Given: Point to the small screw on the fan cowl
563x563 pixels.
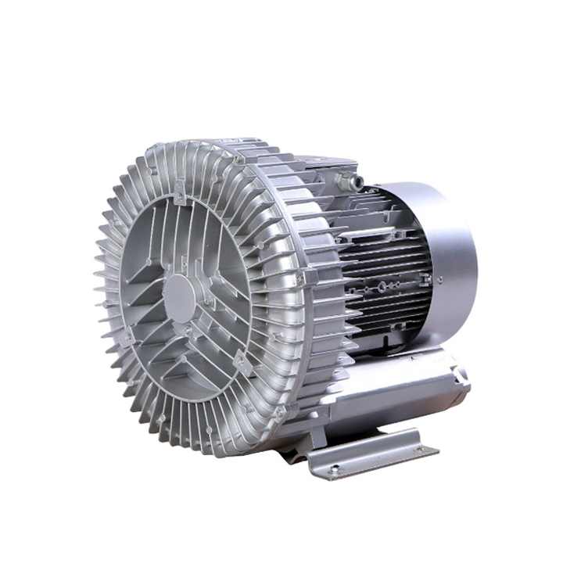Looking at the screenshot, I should (439, 278).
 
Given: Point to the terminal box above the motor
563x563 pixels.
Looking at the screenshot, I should (328, 168).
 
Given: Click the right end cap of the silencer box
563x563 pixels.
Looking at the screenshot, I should (460, 379).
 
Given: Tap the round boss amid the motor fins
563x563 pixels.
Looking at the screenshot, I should (382, 288).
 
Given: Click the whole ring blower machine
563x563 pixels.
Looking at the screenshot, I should (281, 305).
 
